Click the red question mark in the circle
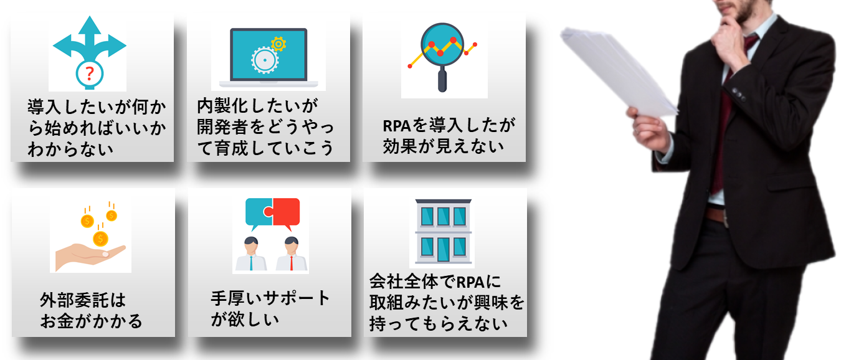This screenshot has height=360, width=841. (89, 73)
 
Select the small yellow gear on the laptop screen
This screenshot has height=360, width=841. (278, 44)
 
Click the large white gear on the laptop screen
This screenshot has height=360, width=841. (265, 60)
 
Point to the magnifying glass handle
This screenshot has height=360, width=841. (442, 79)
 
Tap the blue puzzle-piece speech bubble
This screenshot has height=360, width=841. (259, 213)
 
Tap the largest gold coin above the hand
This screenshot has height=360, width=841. (100, 239)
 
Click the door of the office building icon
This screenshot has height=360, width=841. (443, 249)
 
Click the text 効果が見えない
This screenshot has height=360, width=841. (443, 146)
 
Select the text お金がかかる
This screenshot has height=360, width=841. (91, 321)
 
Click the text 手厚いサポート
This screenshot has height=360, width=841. (270, 298)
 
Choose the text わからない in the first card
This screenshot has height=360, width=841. (70, 149)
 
